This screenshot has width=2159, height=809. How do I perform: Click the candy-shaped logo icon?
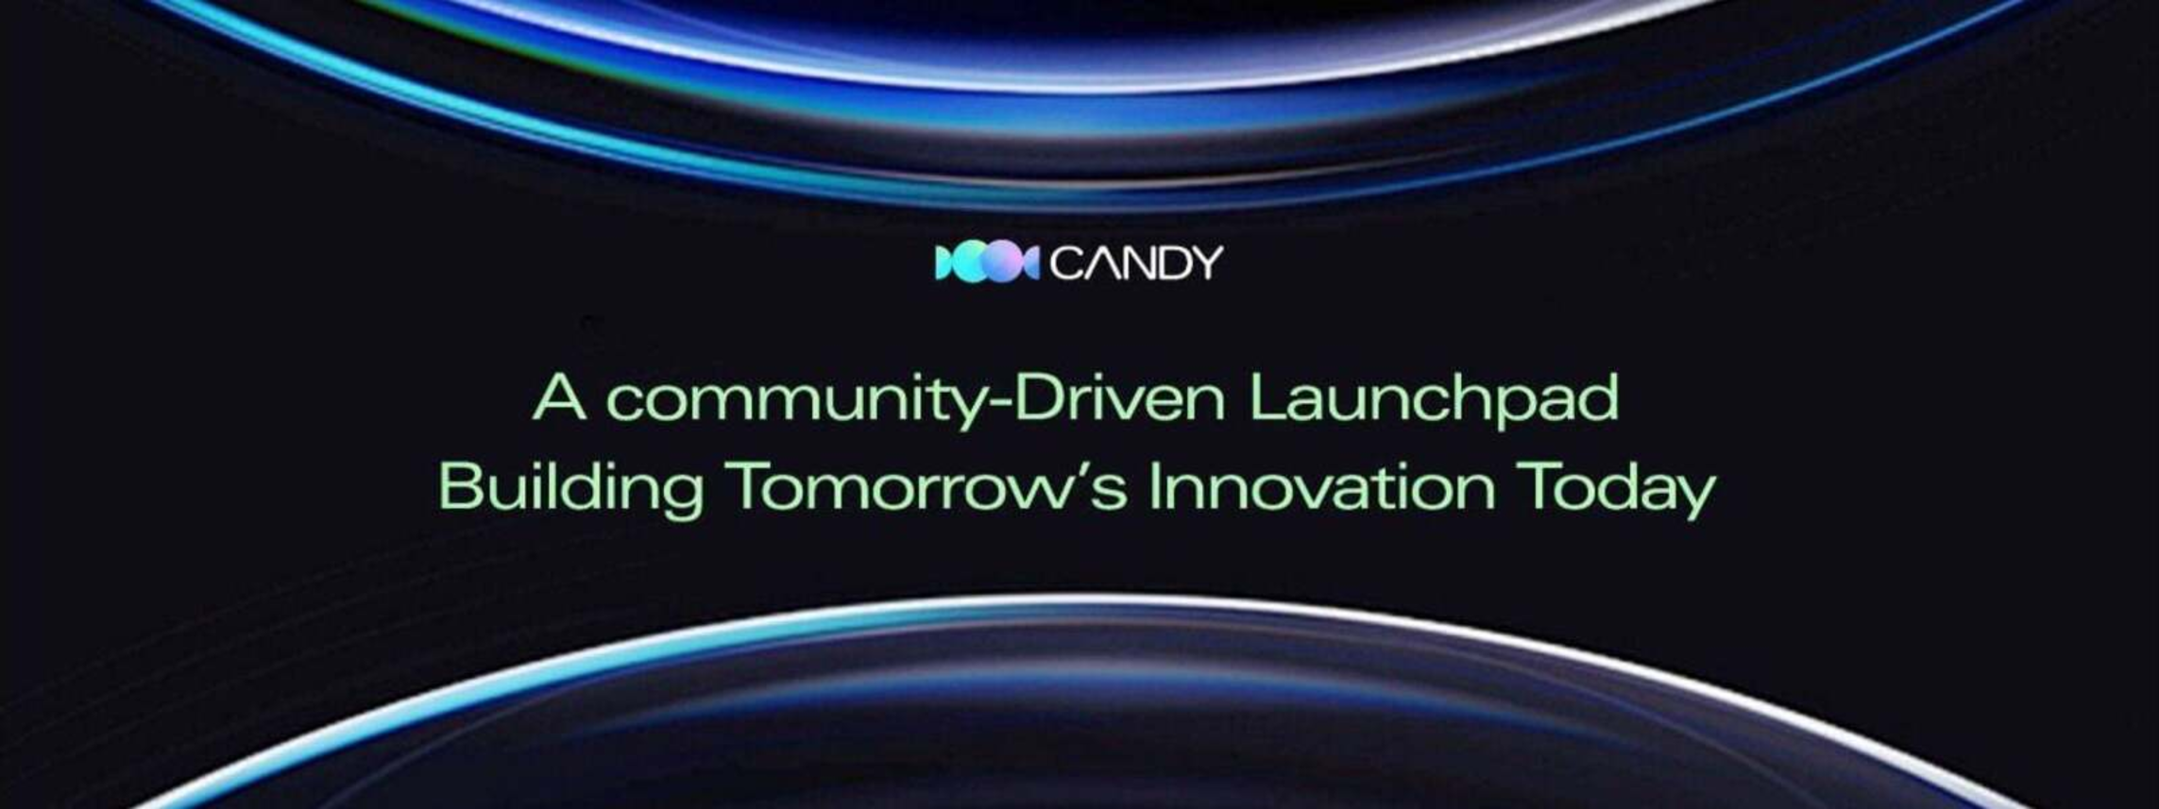point(987,263)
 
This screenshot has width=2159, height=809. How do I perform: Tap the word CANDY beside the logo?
point(1136,263)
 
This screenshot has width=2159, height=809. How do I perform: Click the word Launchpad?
point(1434,402)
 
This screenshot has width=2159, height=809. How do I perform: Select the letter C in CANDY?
point(1065,263)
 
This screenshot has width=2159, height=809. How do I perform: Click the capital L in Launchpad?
point(1268,397)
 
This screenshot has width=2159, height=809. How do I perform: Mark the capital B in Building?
point(461,487)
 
